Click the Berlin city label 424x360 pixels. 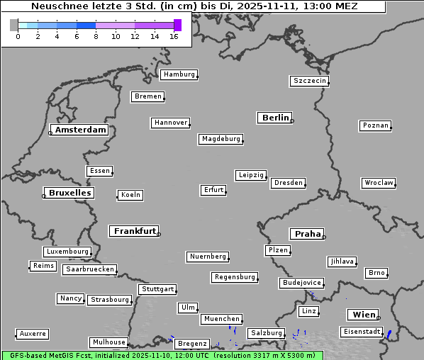(x=275, y=118)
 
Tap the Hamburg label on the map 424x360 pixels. (x=178, y=74)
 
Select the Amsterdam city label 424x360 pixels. (x=80, y=130)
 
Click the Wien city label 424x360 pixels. (x=364, y=315)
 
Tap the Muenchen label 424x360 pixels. (x=221, y=320)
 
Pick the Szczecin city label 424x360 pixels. (x=310, y=81)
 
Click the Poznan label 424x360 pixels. (x=375, y=125)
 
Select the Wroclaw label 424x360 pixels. (x=378, y=183)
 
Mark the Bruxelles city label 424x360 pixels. (x=69, y=193)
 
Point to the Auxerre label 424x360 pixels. (x=33, y=333)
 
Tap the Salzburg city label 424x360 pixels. (x=266, y=333)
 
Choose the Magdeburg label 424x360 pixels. (x=221, y=139)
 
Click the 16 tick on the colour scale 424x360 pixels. (x=174, y=36)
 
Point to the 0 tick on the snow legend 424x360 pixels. (x=18, y=36)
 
